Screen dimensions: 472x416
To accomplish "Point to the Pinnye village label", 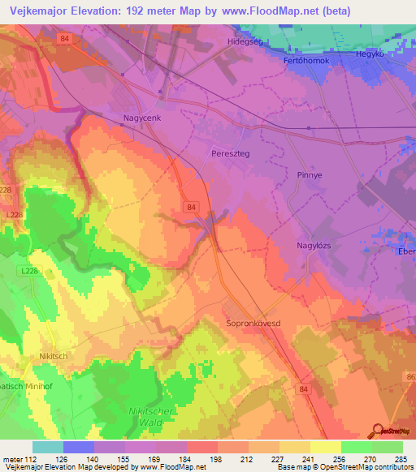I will [x=305, y=174].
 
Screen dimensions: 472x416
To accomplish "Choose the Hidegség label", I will [x=245, y=41].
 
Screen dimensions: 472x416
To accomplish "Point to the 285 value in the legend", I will [x=402, y=459].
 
